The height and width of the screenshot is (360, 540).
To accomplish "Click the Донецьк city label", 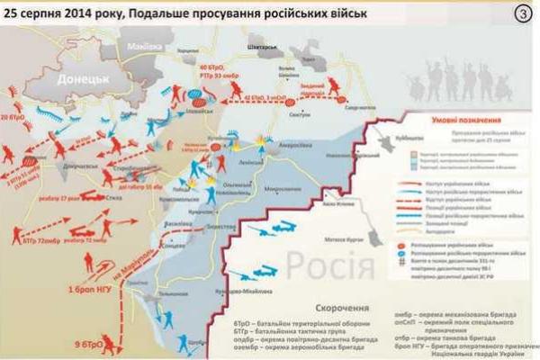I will [82, 79].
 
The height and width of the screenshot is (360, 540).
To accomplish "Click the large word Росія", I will [332, 266].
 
